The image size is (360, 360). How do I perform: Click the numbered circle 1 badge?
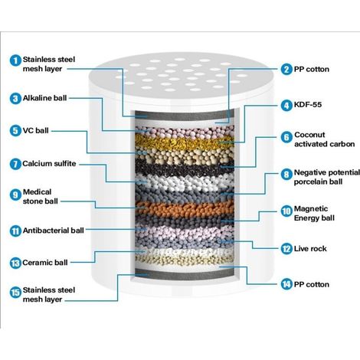tap(15, 61)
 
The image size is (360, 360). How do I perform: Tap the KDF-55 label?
tap(308, 104)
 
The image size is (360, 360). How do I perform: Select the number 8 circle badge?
tap(286, 175)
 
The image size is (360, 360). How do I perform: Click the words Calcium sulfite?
tap(49, 163)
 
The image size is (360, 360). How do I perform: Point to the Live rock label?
tap(310, 248)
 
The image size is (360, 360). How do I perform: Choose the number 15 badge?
tap(15, 293)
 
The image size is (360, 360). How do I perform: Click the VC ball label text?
tap(35, 130)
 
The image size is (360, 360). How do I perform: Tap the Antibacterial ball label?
tap(54, 231)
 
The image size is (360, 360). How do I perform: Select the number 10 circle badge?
tap(286, 211)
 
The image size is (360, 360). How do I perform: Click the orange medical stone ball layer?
tap(185, 208)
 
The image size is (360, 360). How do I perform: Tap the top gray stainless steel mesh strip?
tap(185, 115)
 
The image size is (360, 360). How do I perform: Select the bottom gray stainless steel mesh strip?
tap(185, 274)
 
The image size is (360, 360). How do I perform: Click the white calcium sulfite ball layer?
tap(185, 182)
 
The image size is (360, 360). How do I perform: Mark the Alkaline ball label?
tap(44, 98)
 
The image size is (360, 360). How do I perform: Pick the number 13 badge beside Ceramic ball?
tap(15, 263)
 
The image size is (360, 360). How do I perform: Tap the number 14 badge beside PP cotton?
tap(286, 284)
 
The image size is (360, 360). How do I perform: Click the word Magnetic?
tap(311, 208)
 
